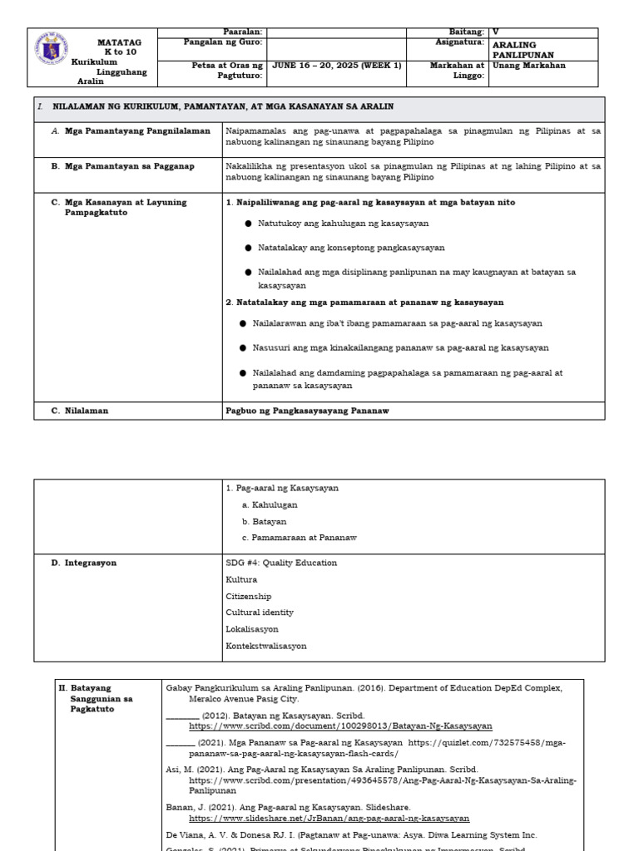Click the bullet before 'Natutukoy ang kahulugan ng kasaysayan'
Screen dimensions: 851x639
pos(248,224)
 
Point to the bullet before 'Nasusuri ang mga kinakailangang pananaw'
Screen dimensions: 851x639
pos(242,348)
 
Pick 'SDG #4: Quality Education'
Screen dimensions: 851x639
pos(281,563)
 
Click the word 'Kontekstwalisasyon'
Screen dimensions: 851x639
pos(265,646)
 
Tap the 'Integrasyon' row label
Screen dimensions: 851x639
pos(91,563)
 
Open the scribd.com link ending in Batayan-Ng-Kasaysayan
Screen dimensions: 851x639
pos(340,726)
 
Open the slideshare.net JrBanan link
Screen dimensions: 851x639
pos(329,819)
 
